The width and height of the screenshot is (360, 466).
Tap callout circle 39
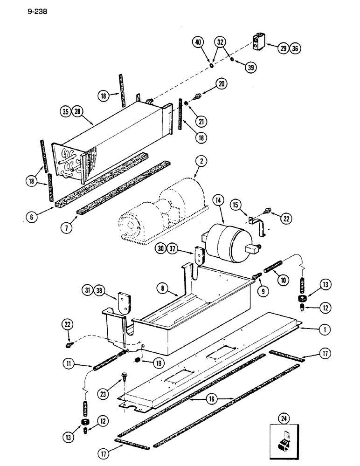251,67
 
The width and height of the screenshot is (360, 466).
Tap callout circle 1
322,329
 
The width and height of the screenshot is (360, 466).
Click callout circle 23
104,394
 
